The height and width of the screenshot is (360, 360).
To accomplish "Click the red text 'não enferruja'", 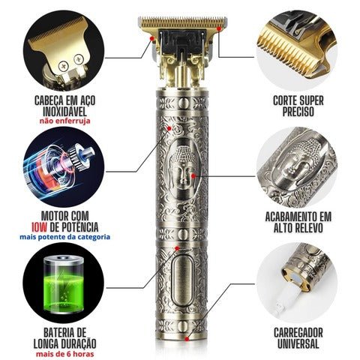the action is [64, 121].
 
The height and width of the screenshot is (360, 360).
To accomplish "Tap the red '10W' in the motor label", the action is [39, 227].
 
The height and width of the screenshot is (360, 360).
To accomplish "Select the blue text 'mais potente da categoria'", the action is [65, 237].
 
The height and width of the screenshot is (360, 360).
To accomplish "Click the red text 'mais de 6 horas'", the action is [65, 354].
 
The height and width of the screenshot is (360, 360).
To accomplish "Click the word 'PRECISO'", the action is [298, 112].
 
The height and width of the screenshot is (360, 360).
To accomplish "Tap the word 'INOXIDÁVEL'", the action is [64, 112].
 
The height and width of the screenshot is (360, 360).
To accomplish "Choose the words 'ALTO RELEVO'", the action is [298, 227].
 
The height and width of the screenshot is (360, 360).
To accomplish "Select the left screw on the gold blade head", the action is [63, 66].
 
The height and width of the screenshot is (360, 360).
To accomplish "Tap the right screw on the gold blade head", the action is [79, 59].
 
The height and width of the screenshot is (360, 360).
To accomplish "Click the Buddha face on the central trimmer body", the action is [184, 166].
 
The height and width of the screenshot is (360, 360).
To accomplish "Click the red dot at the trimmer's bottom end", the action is [187, 339].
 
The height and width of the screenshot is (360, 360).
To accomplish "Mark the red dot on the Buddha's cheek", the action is [193, 175].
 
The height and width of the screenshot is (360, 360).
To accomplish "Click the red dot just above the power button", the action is [177, 248].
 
